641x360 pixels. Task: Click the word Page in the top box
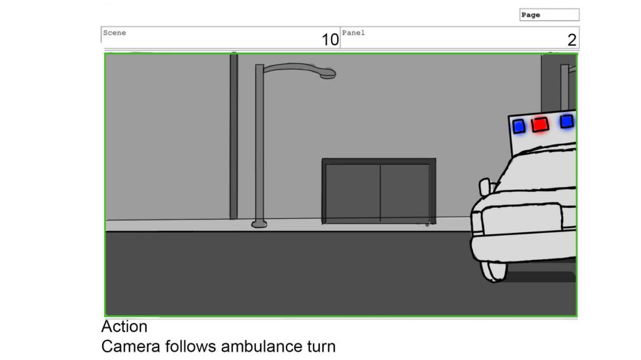point(530,15)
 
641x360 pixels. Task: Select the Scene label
point(115,33)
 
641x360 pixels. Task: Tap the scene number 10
point(330,40)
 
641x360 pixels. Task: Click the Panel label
point(353,33)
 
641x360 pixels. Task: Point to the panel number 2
point(572,40)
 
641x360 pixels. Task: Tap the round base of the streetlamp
point(259,224)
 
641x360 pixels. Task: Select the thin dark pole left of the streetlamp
point(234,136)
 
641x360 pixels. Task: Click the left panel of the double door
point(352,193)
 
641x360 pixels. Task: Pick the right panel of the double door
point(405,193)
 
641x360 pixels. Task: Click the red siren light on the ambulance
point(540,124)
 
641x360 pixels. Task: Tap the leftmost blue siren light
point(519,126)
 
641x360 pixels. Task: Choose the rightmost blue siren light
point(567,122)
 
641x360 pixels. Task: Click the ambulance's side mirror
point(485,187)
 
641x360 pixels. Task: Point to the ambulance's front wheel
point(493,270)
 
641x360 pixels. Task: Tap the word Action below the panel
point(124,327)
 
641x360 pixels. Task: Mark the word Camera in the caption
point(131,347)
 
